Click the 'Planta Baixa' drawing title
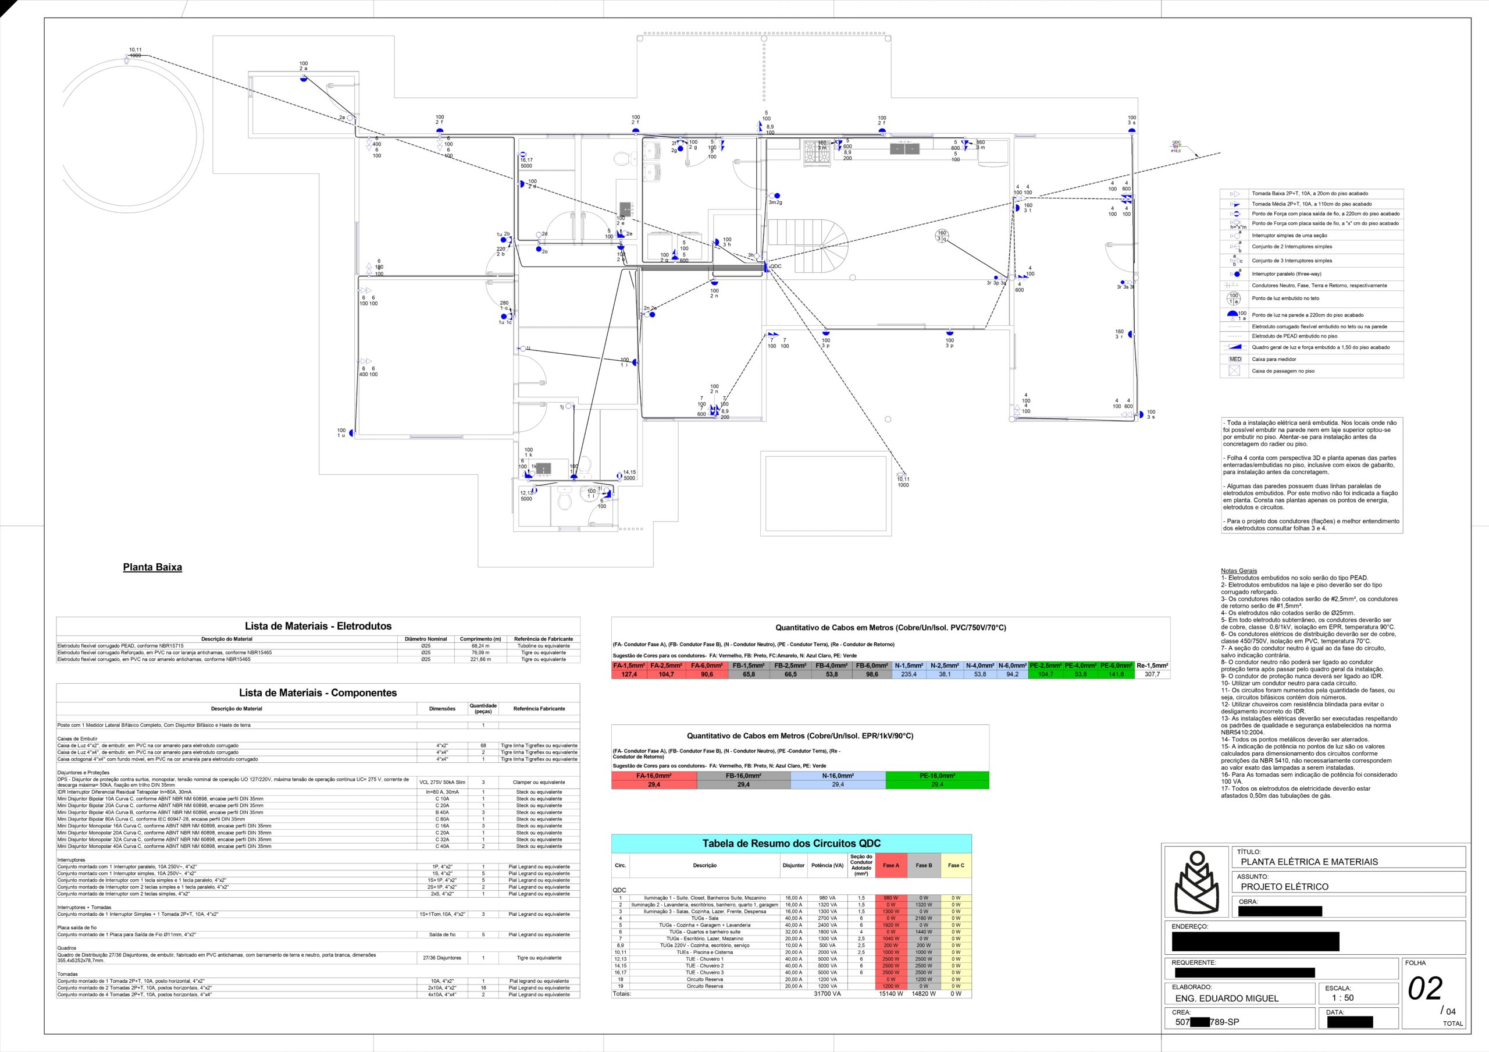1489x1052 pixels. [x=152, y=567]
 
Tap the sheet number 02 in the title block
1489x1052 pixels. [x=1425, y=989]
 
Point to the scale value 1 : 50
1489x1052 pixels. [x=1342, y=998]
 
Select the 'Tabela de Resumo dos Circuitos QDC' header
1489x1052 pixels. [x=791, y=844]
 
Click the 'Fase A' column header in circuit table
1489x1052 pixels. [x=890, y=866]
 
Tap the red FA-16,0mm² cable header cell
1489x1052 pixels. [x=654, y=776]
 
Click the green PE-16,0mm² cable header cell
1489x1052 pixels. [x=937, y=776]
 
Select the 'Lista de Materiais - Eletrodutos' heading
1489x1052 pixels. [x=318, y=627]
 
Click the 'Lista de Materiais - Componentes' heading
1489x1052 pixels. [x=318, y=692]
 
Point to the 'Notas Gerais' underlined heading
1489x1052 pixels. [x=1239, y=571]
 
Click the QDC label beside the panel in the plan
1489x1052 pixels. [x=776, y=266]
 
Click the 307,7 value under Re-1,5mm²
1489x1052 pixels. [x=1152, y=674]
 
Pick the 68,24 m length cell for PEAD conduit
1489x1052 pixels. [x=480, y=646]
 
